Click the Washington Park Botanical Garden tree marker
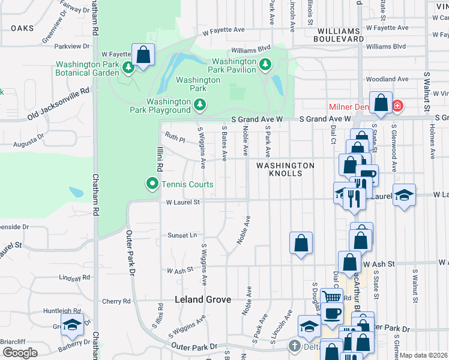tap(128, 68)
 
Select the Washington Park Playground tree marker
tap(200, 106)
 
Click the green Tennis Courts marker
tap(152, 184)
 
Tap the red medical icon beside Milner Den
tap(397, 107)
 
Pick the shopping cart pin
tap(332, 296)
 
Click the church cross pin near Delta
tap(294, 346)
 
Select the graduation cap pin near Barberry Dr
tap(73, 325)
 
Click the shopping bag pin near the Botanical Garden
tap(143, 55)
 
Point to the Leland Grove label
tap(202, 299)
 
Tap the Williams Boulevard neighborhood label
tap(340, 34)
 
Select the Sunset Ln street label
tap(182, 235)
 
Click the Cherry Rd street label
tap(116, 301)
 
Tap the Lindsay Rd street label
tap(75, 277)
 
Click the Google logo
tap(20, 352)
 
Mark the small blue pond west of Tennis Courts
tap(76, 192)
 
